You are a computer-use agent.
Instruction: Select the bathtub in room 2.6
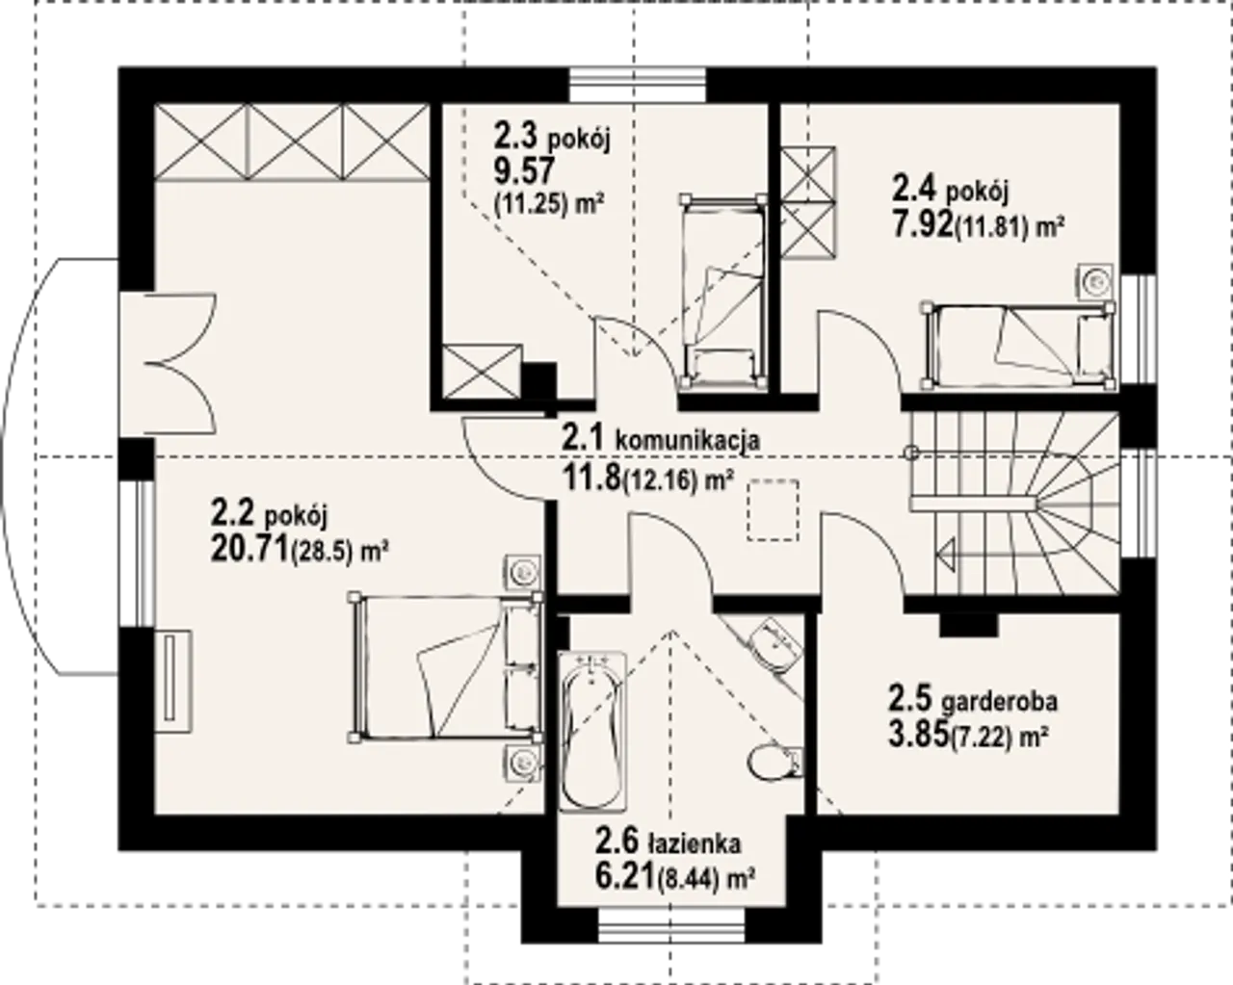coord(591,732)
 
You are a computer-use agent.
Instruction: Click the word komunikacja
coord(688,441)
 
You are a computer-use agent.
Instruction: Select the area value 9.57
coord(525,169)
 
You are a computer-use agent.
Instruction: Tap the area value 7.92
coord(923,225)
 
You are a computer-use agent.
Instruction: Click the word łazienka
coord(695,843)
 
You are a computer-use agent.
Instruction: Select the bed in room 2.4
coord(1017,346)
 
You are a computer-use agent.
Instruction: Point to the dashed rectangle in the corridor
coord(773,509)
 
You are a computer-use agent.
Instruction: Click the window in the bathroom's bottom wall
coord(671,925)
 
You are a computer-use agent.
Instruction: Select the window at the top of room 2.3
coord(637,86)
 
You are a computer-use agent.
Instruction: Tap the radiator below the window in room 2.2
coord(173,681)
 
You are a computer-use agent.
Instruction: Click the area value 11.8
coord(591,478)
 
